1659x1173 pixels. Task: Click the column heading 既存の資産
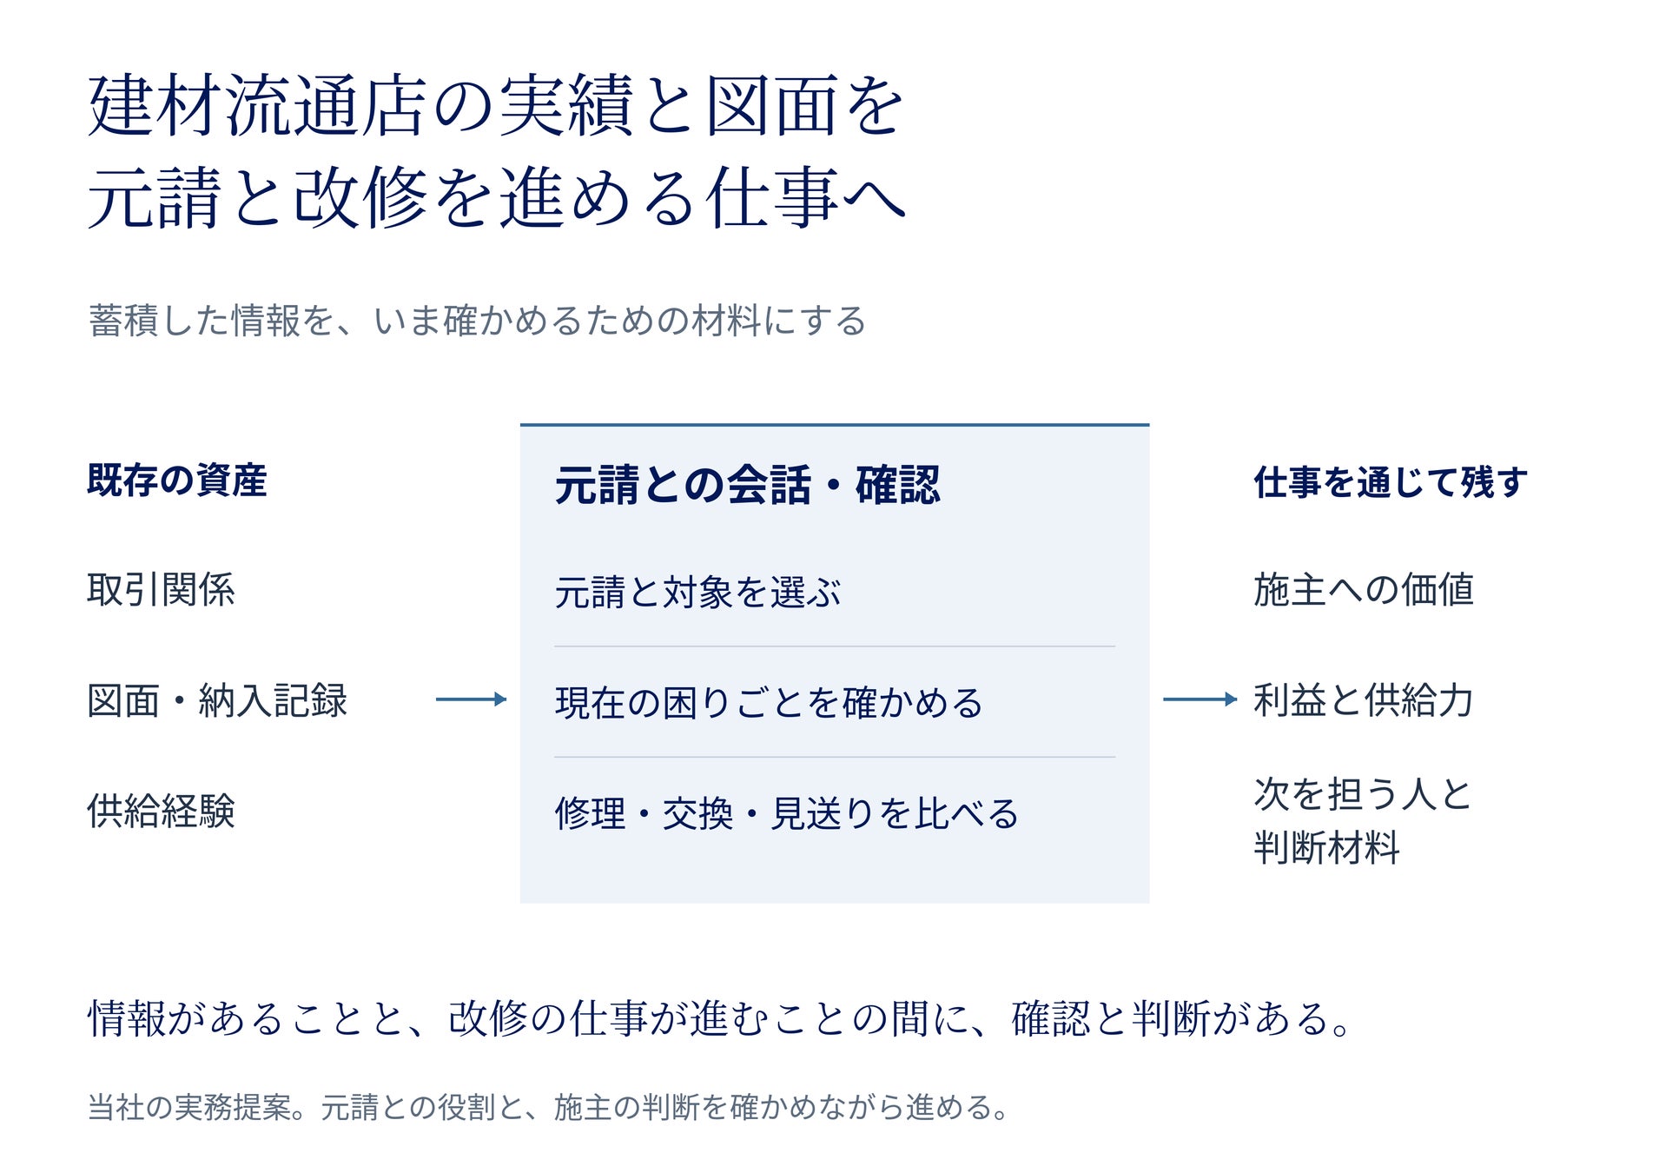click(x=177, y=480)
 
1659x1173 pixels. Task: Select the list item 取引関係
click(x=161, y=590)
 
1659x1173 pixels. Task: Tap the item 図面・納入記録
click(x=217, y=700)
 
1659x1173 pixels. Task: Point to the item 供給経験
click(x=161, y=811)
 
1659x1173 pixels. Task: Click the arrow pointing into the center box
click(x=471, y=699)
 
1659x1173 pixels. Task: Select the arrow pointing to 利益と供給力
click(x=1200, y=699)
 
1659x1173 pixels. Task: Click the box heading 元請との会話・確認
click(x=747, y=485)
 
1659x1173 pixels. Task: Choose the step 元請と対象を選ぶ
click(x=697, y=593)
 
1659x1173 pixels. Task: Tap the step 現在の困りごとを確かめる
click(x=769, y=703)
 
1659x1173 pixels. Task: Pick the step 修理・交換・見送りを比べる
click(x=786, y=814)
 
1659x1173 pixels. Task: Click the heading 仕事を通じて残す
click(x=1390, y=482)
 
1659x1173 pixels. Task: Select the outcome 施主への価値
click(x=1364, y=590)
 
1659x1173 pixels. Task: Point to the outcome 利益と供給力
click(x=1364, y=700)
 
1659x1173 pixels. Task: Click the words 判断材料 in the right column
click(x=1327, y=848)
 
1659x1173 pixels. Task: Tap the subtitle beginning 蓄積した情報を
click(x=477, y=321)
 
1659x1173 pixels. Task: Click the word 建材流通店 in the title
click(x=258, y=106)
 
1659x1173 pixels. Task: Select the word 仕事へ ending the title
click(x=806, y=198)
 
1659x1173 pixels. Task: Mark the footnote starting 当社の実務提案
click(x=548, y=1108)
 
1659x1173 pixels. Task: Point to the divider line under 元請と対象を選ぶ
click(x=835, y=646)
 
